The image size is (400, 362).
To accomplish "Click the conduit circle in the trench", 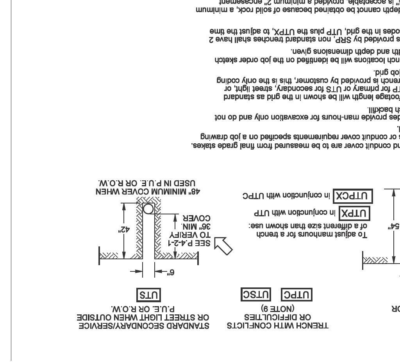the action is (x=148, y=209).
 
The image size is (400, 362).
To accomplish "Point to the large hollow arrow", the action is (x=223, y=246).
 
